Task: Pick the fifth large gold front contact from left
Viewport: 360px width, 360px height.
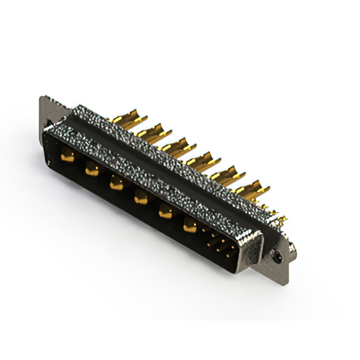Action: (165, 212)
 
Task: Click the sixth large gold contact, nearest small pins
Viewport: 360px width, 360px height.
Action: (190, 227)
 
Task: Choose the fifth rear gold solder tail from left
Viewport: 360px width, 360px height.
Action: (227, 175)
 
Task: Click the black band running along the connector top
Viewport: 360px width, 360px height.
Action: (169, 163)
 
